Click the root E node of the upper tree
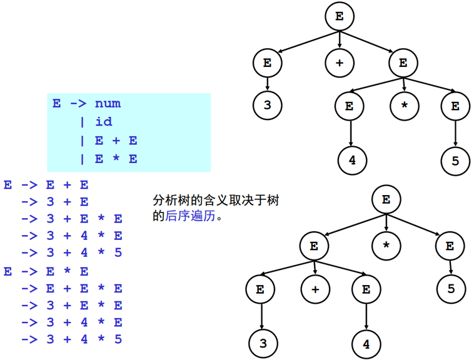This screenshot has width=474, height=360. tap(340, 17)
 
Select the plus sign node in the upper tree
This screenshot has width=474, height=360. tap(340, 62)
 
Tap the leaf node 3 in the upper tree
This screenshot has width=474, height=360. tap(268, 105)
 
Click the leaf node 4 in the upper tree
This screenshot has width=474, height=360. tap(352, 160)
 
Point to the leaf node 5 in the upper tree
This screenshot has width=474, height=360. tap(455, 161)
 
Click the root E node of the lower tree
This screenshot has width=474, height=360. tap(386, 200)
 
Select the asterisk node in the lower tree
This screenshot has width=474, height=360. tap(386, 246)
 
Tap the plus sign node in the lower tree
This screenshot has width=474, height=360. tap(315, 289)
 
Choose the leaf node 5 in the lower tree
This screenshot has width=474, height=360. tap(450, 289)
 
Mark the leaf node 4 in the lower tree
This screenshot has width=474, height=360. tap(365, 344)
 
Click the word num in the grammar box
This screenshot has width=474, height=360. tap(108, 103)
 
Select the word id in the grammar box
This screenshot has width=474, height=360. tap(104, 121)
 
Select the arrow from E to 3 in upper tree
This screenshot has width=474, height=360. tap(268, 82)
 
